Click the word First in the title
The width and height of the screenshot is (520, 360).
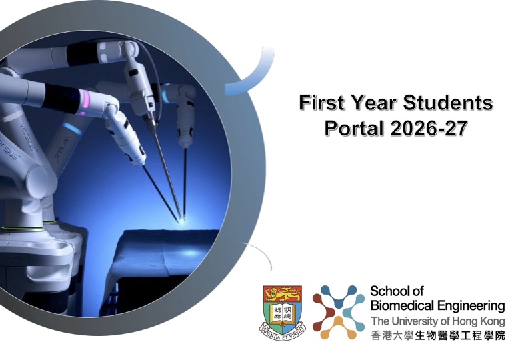[x=322, y=103]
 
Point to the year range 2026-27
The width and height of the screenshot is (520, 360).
[x=429, y=128]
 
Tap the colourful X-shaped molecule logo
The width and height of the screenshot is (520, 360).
[x=339, y=312]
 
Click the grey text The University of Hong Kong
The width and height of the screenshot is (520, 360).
[x=438, y=321]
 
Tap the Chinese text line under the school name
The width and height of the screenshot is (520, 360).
[x=438, y=335]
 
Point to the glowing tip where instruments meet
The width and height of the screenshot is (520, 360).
[x=182, y=220]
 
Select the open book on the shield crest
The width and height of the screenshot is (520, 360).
[x=283, y=313]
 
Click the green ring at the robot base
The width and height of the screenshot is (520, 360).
[x=23, y=228]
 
